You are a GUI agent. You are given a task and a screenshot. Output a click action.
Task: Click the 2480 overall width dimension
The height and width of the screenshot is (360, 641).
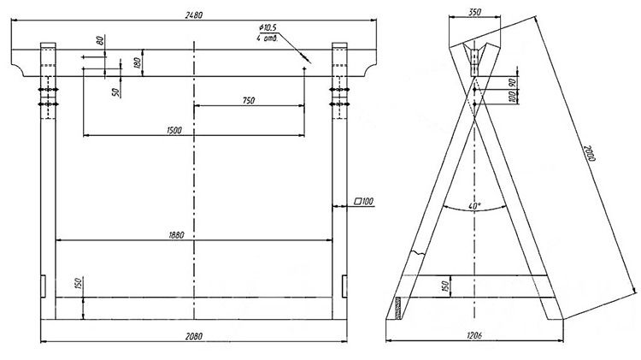194,15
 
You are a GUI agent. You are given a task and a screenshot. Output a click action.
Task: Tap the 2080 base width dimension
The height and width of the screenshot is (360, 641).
194,336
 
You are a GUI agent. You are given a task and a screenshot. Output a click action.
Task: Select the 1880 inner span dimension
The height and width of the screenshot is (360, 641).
176,235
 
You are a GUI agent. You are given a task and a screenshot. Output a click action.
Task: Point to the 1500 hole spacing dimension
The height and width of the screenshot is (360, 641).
174,130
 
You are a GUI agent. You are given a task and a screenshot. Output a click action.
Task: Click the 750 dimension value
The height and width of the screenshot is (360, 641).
249,100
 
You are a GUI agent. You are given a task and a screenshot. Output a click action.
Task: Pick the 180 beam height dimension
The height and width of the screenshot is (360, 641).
138,62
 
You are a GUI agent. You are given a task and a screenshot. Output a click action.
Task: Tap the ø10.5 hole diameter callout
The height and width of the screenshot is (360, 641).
268,27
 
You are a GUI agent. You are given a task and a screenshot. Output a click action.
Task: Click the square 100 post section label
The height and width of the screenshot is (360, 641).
363,201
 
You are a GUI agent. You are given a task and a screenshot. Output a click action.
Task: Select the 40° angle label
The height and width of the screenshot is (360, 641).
475,206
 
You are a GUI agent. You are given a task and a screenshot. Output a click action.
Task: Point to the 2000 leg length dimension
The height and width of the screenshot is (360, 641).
589,153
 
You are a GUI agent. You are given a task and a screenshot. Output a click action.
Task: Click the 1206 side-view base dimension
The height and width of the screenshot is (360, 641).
474,335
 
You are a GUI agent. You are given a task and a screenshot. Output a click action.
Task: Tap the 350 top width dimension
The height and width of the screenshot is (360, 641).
474,12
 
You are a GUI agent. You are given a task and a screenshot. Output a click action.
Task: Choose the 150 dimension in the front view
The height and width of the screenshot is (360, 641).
79,283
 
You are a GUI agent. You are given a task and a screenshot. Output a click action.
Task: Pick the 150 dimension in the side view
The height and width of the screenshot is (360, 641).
445,286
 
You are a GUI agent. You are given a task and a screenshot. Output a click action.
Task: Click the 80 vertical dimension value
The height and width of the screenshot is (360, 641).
100,40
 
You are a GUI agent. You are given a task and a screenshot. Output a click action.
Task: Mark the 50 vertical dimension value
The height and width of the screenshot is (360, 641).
117,92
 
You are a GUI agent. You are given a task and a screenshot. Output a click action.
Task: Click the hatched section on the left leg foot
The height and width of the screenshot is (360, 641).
397,308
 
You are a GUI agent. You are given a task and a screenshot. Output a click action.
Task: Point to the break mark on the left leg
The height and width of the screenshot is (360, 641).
417,253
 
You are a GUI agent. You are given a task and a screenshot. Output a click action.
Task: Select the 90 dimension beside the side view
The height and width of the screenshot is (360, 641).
512,83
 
